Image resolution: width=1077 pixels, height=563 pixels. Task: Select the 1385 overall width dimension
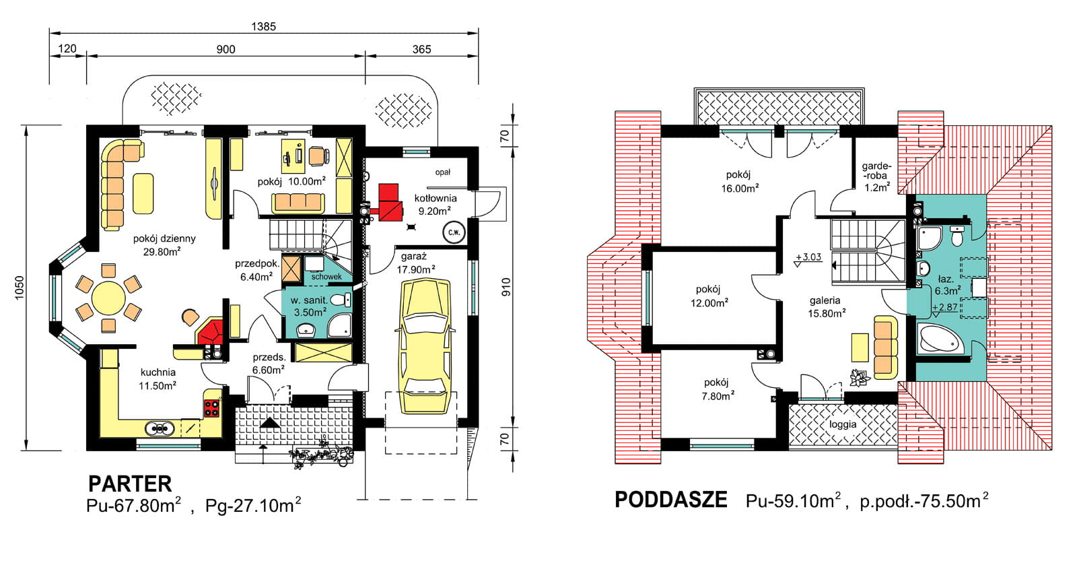coord(263,26)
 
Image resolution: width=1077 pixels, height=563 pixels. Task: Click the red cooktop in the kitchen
coord(212,407)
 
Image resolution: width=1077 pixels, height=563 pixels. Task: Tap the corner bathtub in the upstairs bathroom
coord(940,339)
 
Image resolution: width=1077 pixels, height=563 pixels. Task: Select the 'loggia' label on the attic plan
coord(843,424)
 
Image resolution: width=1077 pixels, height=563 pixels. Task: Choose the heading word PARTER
coord(130,484)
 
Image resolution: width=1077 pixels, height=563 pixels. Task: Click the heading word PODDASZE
coord(671,500)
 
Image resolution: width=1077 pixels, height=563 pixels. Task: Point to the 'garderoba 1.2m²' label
coord(876,176)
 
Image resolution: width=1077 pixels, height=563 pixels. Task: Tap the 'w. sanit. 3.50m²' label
coord(309,306)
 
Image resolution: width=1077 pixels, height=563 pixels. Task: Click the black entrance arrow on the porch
coord(269,423)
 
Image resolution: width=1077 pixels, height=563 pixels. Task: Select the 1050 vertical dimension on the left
coord(20,288)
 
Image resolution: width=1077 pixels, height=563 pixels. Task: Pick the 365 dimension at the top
coord(421,49)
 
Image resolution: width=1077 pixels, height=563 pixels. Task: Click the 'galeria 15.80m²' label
coord(825,306)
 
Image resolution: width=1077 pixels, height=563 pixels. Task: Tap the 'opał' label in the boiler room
coord(442,172)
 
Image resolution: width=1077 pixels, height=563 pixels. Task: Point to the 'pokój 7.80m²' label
coord(716,389)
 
